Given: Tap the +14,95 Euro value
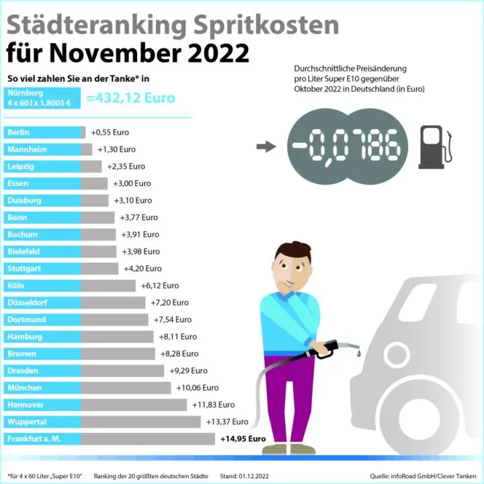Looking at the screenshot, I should click(x=243, y=439).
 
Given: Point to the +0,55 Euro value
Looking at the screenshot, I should click(x=110, y=132).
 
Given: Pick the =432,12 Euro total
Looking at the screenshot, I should click(x=130, y=98).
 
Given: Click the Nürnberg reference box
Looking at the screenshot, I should click(x=42, y=98).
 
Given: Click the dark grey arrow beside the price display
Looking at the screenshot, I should click(x=266, y=147).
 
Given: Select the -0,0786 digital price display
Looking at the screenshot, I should click(x=348, y=147).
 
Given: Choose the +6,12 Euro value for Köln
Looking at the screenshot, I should click(x=160, y=286).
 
